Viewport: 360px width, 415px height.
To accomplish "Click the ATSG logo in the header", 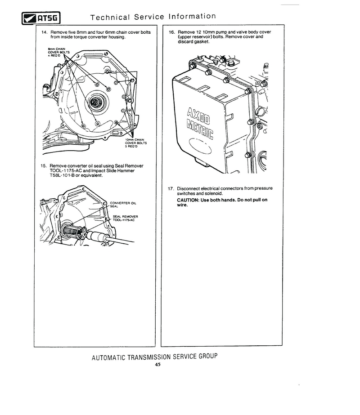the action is point(41,18).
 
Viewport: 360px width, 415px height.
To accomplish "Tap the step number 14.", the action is point(45,32).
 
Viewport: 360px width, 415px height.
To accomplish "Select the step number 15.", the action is point(44,166).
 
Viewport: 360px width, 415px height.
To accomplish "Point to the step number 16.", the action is point(172,32).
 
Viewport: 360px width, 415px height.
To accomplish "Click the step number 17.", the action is point(171,189).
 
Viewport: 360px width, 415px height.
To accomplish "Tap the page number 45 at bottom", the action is point(157,365).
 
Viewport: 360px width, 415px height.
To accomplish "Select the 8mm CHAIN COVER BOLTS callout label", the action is point(58,52).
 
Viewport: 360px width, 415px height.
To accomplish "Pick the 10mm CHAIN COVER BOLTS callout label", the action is point(135,143).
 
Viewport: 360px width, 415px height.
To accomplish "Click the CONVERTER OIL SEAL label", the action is point(123,205).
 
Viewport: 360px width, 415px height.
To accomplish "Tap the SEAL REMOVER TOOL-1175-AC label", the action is point(125,218).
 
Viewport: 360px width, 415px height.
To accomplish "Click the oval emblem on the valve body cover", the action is point(200,146).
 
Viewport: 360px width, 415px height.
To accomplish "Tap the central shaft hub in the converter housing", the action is point(94,102).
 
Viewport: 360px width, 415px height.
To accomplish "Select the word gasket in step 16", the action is point(201,41).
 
